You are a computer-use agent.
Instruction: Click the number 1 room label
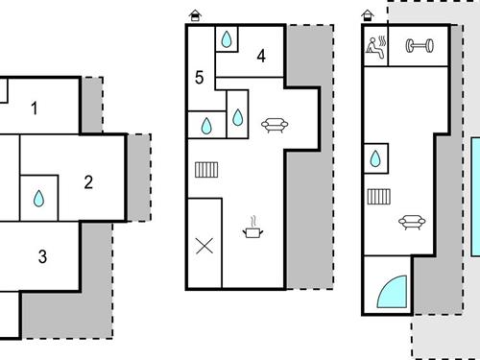tap(35, 108)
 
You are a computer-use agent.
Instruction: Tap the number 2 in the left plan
tap(88, 180)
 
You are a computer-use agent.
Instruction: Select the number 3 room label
tap(42, 256)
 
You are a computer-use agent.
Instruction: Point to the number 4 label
tap(260, 56)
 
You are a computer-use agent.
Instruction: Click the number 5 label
tap(199, 77)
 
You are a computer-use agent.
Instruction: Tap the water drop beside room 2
tap(39, 198)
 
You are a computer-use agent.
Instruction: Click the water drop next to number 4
tap(227, 39)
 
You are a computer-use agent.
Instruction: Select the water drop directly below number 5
tap(206, 124)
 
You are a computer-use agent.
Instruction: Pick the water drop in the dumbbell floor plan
tap(376, 156)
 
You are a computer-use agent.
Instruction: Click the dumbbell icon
tap(418, 45)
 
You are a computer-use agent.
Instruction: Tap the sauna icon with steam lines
tap(375, 45)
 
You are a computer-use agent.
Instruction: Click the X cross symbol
tap(204, 245)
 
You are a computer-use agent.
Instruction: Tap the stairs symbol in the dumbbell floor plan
tap(378, 197)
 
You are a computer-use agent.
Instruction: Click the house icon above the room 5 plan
tap(196, 15)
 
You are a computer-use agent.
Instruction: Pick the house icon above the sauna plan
tap(368, 15)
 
